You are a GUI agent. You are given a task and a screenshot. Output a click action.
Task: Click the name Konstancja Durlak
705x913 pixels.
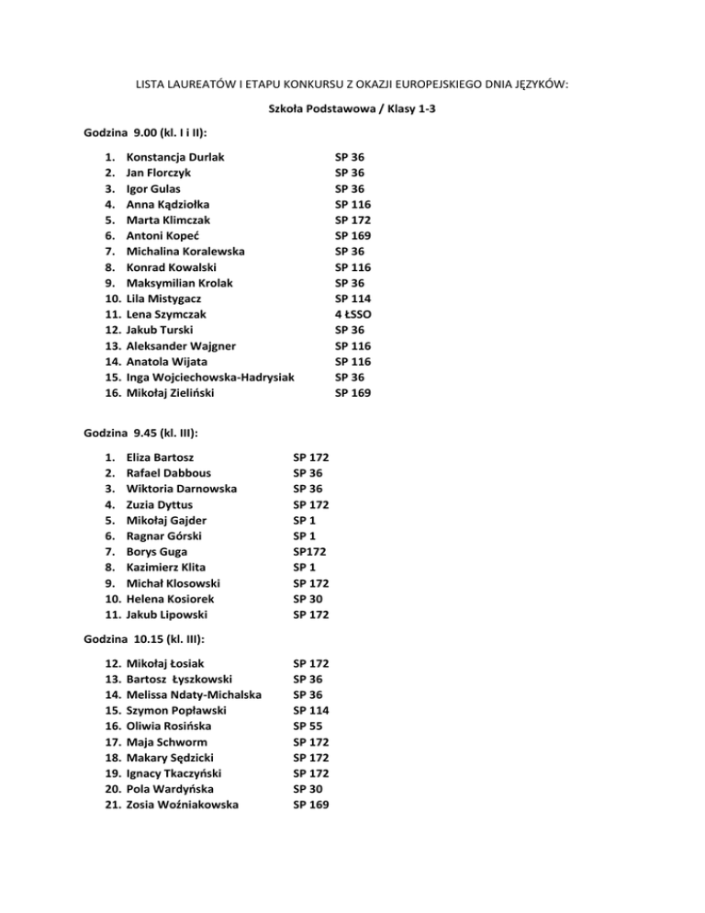click(x=174, y=157)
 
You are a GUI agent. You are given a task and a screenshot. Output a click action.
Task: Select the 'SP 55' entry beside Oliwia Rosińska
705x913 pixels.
click(x=308, y=726)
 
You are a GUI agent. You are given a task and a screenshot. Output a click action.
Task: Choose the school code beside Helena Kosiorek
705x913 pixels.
click(x=308, y=597)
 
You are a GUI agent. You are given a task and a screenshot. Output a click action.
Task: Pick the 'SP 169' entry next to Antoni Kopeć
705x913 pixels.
click(x=353, y=235)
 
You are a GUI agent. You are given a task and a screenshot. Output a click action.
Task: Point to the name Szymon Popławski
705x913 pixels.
click(x=176, y=710)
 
